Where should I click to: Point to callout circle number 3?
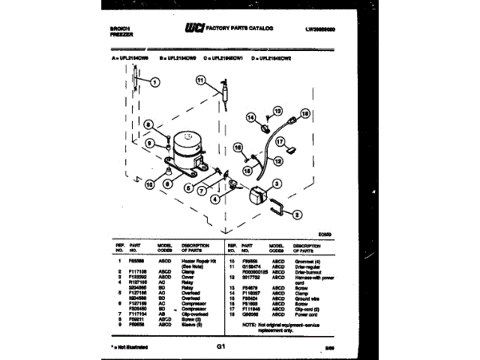click(x=277, y=183)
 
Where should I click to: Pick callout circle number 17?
click(x=279, y=141)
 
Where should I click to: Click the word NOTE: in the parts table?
click(x=250, y=325)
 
